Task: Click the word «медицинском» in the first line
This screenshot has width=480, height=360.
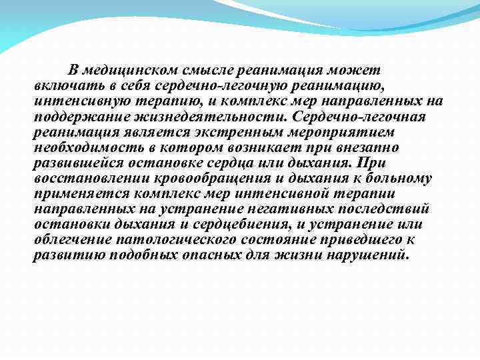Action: pyautogui.click(x=125, y=70)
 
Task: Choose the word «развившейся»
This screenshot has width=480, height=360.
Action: pyautogui.click(x=71, y=163)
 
